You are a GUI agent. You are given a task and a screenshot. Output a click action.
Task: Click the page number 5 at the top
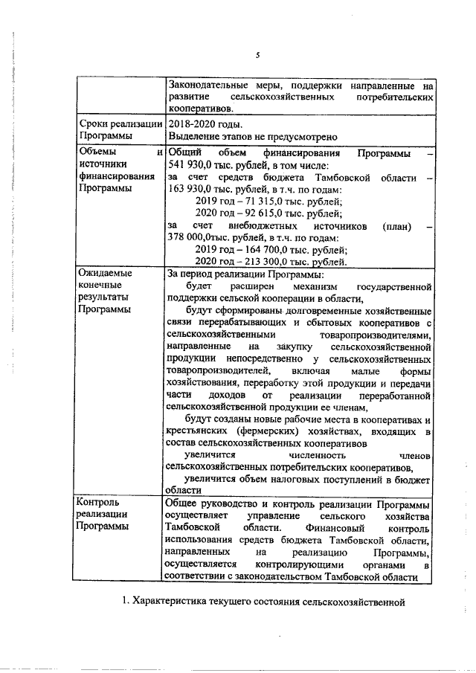[257, 55]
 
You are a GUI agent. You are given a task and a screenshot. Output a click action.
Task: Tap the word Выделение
[193, 137]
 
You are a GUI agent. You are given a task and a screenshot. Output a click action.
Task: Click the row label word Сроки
[92, 125]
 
